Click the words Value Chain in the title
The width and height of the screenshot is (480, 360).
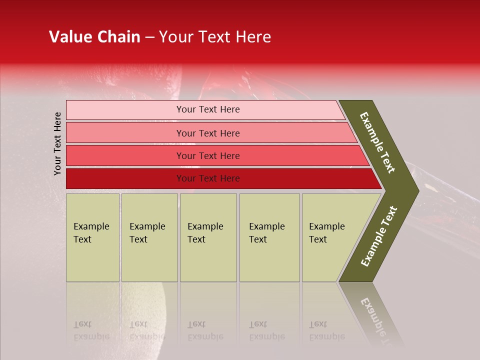(94, 37)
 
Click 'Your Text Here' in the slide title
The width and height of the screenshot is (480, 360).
(215, 37)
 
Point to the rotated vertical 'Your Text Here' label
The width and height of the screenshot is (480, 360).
(57, 143)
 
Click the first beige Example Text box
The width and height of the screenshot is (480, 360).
(92, 237)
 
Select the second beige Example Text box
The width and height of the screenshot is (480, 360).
(149, 237)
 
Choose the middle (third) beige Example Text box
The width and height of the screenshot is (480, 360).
(208, 237)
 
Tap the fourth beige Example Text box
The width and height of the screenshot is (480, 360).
(269, 237)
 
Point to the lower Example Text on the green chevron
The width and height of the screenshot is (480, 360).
(379, 236)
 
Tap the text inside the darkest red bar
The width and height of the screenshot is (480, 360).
(208, 178)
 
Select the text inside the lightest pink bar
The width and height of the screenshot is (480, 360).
(208, 109)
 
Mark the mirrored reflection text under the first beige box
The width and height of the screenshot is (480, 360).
(91, 331)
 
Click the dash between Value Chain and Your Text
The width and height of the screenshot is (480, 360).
(149, 37)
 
